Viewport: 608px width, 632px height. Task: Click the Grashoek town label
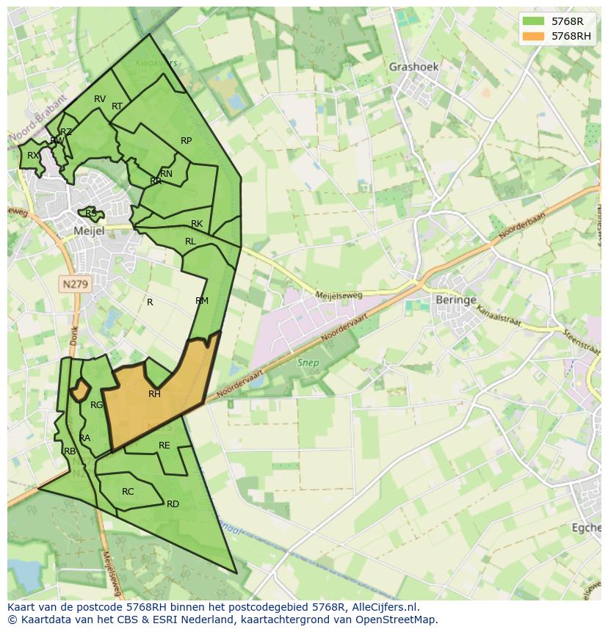413,67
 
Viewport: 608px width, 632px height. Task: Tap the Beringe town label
456,300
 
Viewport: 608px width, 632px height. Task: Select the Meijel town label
90,230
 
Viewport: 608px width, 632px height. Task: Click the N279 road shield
75,283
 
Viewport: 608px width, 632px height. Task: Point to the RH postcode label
154,394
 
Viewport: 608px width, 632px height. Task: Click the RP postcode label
186,141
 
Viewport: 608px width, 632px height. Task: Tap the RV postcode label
100,99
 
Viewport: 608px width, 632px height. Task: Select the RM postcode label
202,301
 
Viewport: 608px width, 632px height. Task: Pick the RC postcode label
128,492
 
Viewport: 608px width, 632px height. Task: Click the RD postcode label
173,504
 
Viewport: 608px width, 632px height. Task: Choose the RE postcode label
164,446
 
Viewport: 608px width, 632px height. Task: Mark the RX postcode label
33,156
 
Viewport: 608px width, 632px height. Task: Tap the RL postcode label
190,241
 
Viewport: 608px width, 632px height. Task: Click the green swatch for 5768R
534,22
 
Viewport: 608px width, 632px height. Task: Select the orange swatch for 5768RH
534,36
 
